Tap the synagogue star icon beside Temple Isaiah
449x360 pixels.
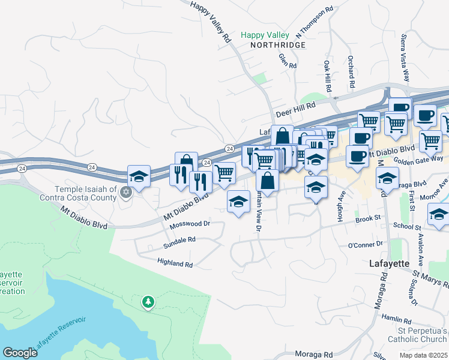coord(125,193)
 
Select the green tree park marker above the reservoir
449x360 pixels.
coord(148,301)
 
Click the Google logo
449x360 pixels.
coord(20,353)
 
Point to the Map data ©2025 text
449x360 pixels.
coord(423,355)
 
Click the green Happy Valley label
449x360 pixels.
coord(265,35)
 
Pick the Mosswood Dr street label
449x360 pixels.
coord(190,224)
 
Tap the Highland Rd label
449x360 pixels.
coord(175,263)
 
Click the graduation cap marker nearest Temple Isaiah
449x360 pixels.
coord(139,177)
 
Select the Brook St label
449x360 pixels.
coord(369,220)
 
